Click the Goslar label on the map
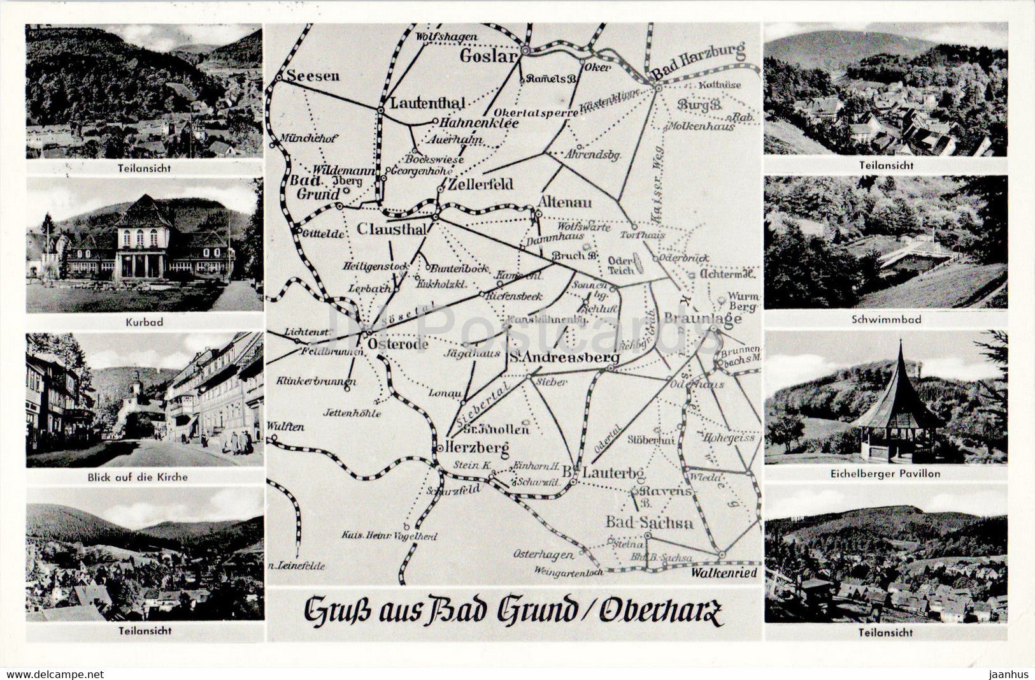coord(488,55)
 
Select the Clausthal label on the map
coord(391,228)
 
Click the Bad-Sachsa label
coord(649,523)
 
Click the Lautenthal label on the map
coord(427,102)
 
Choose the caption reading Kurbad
coord(144,322)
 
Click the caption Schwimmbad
coord(885,319)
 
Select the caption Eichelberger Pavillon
coord(885,474)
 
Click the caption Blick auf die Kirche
coord(144,476)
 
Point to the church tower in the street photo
coord(136,383)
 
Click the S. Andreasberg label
coord(564,358)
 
